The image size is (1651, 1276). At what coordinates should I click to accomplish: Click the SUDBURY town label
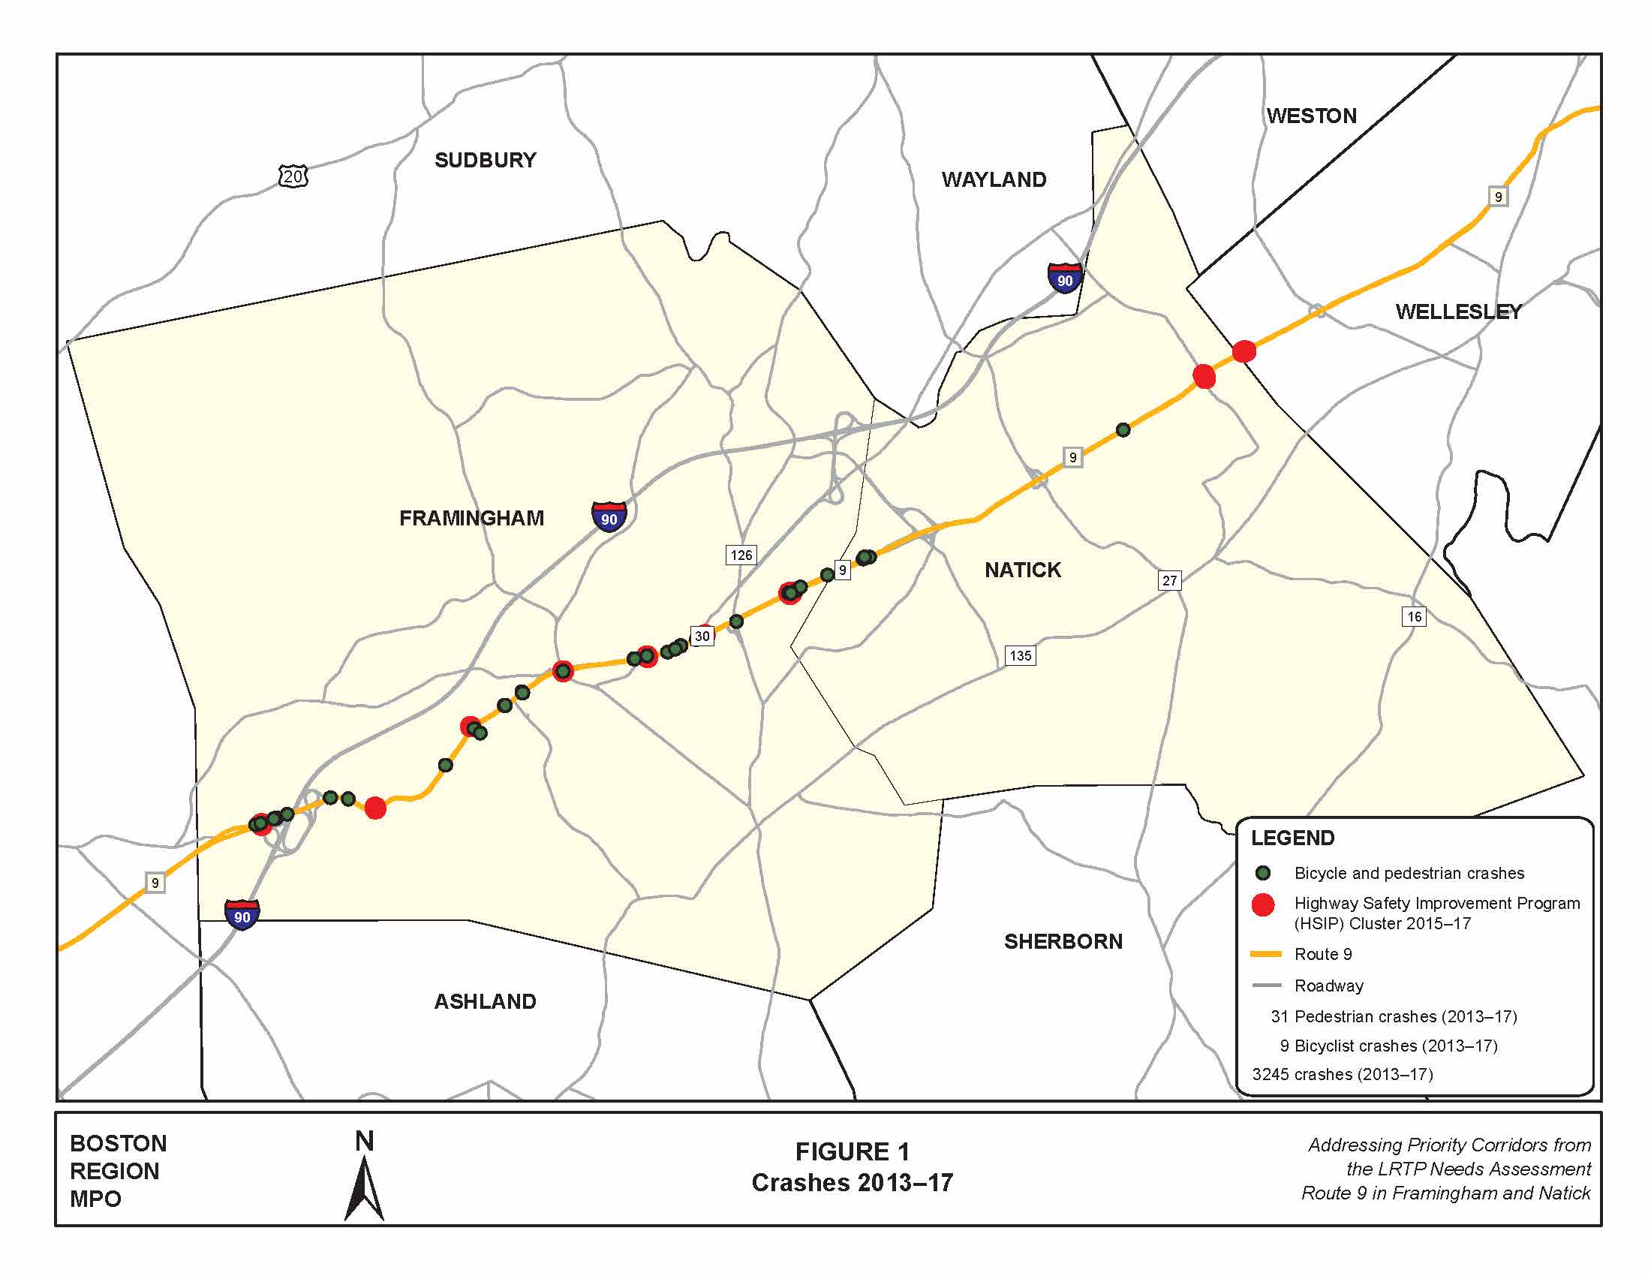coord(485,161)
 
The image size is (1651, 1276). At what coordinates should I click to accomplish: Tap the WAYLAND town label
coord(994,180)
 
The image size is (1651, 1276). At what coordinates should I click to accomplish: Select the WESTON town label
coord(1312,116)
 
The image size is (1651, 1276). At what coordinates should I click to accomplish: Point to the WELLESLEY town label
coord(1458,311)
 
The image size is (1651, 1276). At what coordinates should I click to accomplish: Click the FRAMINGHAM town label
coord(471,518)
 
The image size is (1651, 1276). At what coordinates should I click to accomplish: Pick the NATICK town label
coord(1022,570)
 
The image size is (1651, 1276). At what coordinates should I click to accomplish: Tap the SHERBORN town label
coord(1063,941)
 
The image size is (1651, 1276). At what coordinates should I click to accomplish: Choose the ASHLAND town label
coord(485,1001)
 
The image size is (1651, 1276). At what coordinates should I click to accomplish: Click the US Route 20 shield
coord(293,177)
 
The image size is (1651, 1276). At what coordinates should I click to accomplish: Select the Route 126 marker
coord(741,555)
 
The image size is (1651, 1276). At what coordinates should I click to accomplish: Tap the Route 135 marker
coord(1020,655)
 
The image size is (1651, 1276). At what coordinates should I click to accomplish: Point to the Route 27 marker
coord(1169,580)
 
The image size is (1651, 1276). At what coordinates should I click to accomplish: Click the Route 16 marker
coord(1414,616)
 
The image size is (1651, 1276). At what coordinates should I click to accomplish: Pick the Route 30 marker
coord(702,636)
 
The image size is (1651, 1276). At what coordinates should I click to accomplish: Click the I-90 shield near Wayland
coord(1064,279)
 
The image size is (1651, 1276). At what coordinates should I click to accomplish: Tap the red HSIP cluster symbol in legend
coord(1262,905)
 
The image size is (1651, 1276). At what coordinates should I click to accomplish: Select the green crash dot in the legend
coord(1262,873)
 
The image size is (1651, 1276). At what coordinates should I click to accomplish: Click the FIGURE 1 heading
coord(852,1151)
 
